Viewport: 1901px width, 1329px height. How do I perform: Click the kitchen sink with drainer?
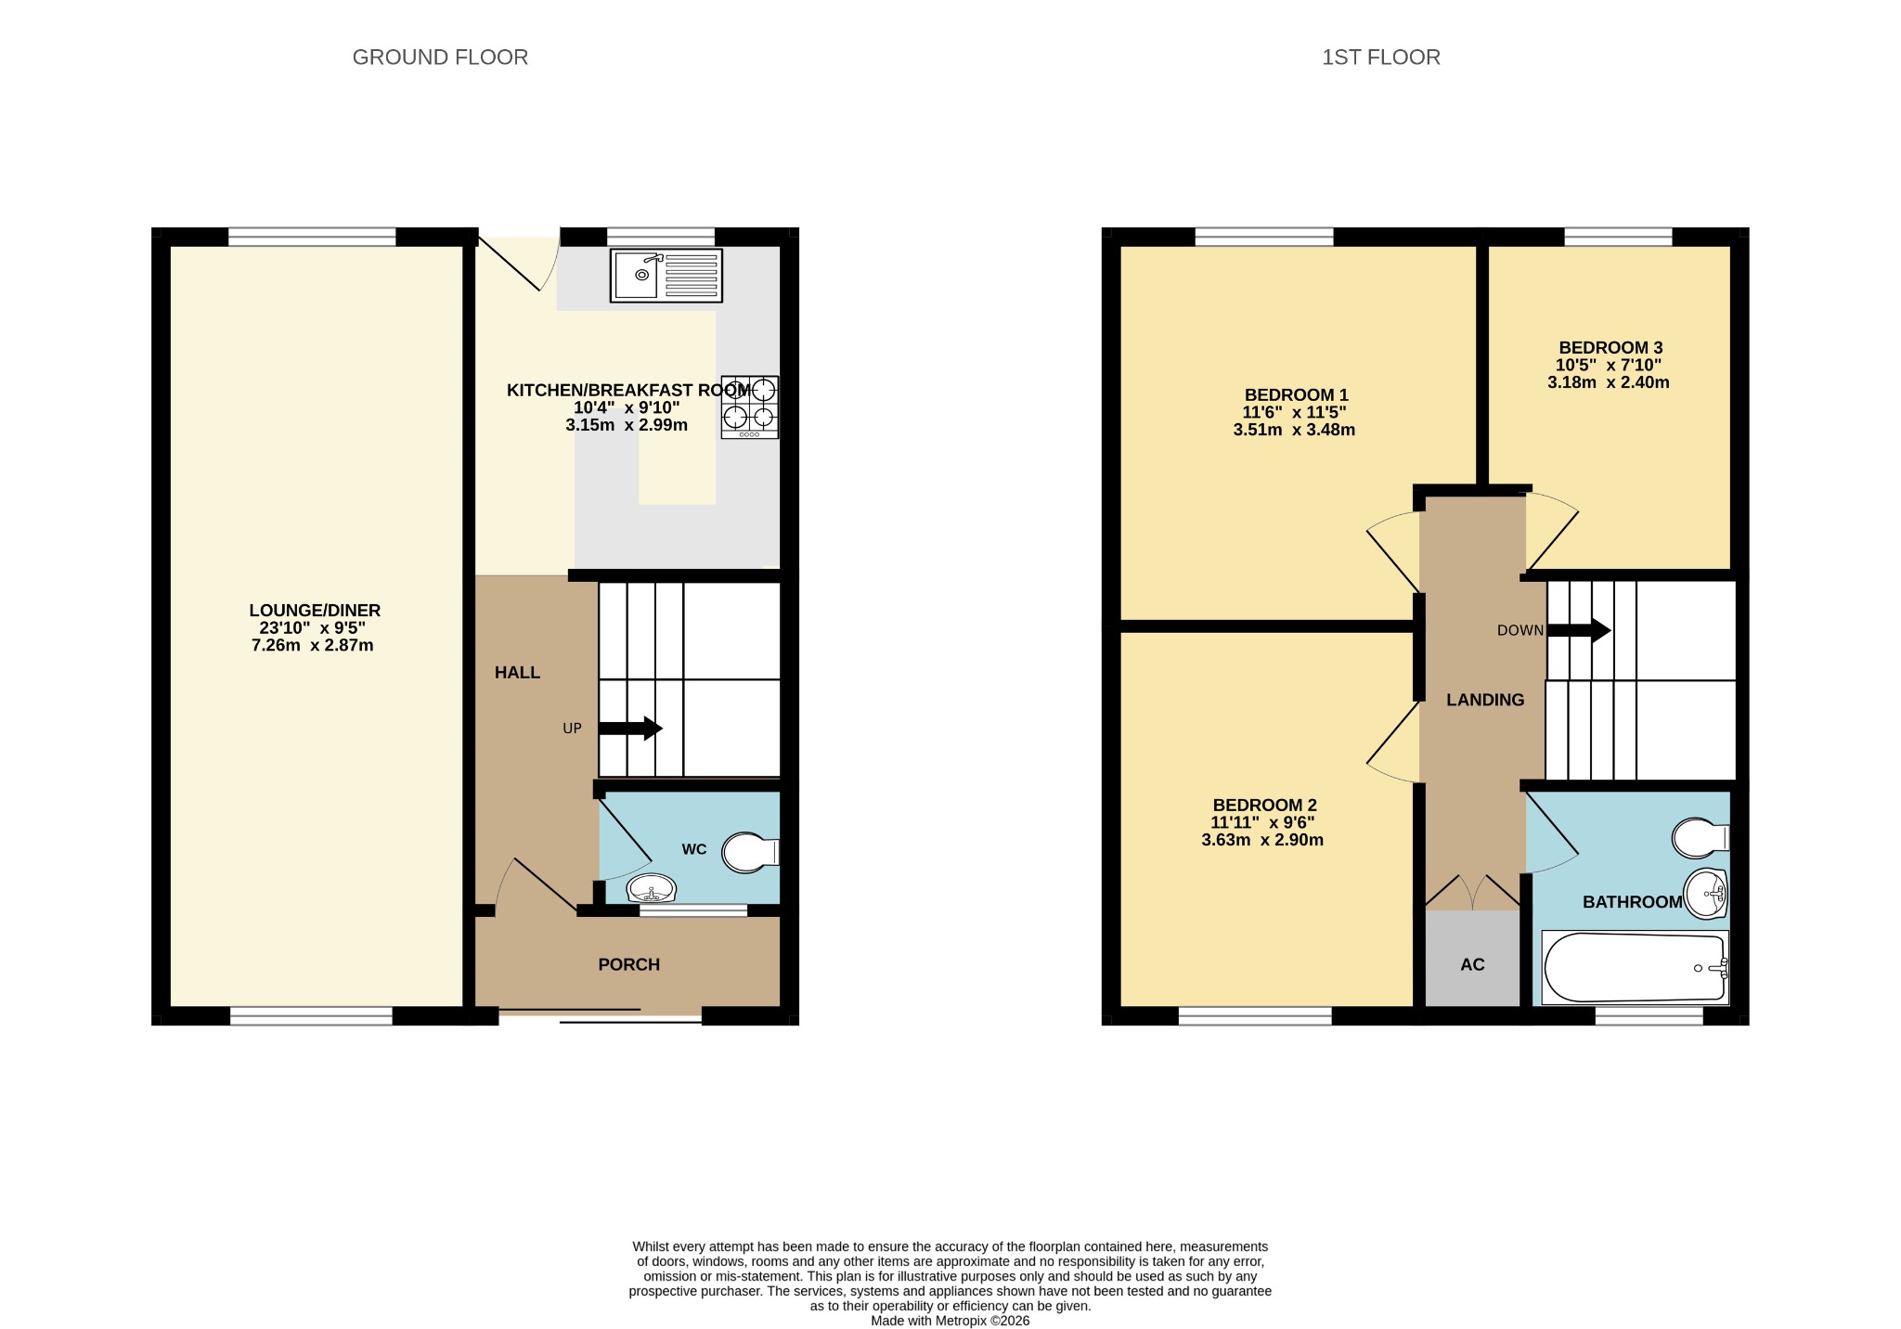coord(666,276)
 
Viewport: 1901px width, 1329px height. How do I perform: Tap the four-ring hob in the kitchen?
coord(750,406)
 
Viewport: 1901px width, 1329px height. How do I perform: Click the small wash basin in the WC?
coord(652,889)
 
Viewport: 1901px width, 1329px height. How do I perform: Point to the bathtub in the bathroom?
coord(1635,967)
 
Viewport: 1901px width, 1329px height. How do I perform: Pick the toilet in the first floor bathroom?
coord(1701,838)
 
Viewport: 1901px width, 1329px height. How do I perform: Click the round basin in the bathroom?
coord(1706,893)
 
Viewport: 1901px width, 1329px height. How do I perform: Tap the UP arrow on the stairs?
coord(630,729)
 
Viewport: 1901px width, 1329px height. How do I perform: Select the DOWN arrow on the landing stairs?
coord(1578,631)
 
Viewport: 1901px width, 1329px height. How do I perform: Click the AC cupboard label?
coord(1472,964)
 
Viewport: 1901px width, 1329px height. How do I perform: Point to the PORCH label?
coord(629,964)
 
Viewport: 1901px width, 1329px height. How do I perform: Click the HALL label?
coord(517,672)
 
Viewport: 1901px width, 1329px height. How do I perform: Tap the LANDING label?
coord(1485,700)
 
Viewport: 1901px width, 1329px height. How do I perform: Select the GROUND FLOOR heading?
coord(440,58)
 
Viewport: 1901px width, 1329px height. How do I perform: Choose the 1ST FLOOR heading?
coord(1381,58)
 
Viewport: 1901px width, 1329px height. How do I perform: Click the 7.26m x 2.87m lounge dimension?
coord(313,645)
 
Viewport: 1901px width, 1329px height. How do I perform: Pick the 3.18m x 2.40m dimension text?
coord(1609,382)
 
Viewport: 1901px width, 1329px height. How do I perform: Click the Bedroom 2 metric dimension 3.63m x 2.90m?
coord(1262,840)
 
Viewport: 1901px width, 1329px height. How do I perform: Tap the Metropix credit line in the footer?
coord(950,1321)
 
